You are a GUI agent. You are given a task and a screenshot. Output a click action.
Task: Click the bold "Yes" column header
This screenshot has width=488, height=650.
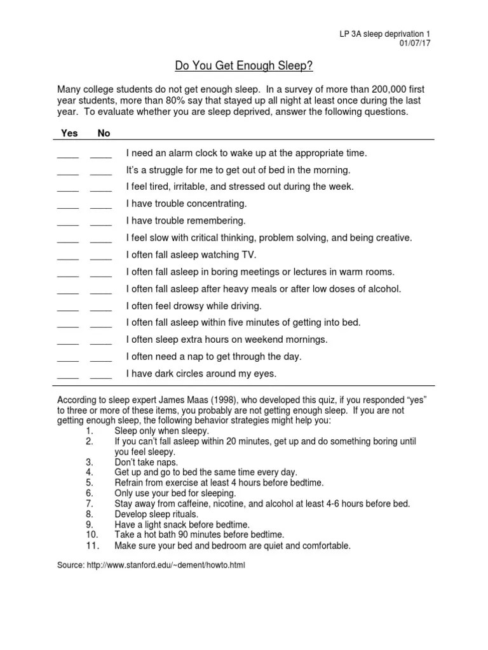point(69,133)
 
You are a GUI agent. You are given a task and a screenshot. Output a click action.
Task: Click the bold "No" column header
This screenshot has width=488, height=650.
point(104,133)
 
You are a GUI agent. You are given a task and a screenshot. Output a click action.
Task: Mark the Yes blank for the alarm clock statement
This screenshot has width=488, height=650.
point(68,155)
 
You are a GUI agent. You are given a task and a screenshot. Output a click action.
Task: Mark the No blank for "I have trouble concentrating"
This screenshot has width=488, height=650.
point(101,206)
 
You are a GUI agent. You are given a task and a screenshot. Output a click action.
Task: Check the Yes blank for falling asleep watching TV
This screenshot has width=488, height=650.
point(68,256)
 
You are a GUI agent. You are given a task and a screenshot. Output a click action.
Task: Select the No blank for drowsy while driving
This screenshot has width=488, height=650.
point(101,307)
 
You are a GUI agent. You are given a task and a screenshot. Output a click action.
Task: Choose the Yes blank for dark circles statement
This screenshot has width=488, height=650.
point(68,376)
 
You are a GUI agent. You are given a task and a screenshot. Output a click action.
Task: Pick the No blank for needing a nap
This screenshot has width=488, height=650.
point(101,358)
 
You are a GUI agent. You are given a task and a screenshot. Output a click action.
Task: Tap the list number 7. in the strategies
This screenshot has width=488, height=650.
point(89,503)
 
